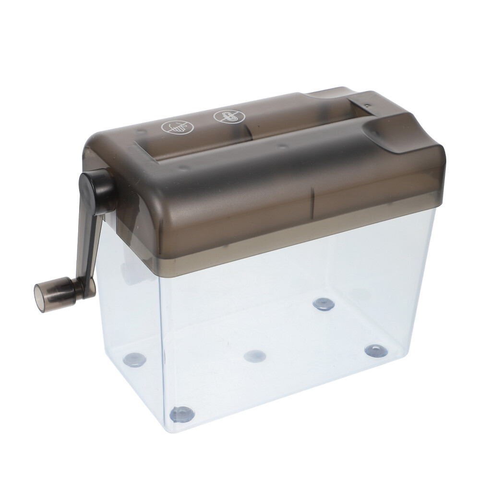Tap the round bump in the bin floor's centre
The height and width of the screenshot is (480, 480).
pyautogui.click(x=255, y=356)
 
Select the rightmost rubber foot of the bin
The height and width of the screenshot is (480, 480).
pyautogui.click(x=376, y=351)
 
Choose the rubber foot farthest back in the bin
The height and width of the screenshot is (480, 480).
pyautogui.click(x=323, y=303)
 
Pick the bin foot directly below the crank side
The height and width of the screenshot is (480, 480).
pyautogui.click(x=134, y=359)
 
